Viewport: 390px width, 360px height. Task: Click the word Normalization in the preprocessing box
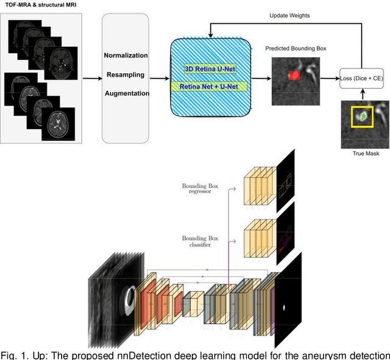click(125, 55)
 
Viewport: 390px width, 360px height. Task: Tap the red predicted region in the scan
click(293, 75)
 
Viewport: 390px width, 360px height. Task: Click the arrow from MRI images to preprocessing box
click(91, 78)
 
